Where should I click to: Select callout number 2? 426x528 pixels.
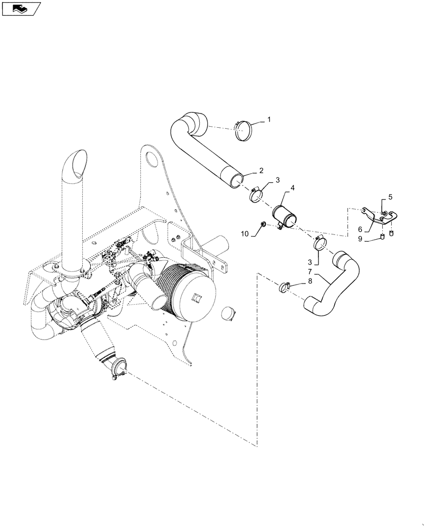[x=260, y=171]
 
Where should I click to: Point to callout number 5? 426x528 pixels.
[x=391, y=197]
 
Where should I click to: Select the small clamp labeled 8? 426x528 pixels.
[x=285, y=287]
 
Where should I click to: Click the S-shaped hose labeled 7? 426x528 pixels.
[x=332, y=283]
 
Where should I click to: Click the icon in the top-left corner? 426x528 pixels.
[x=21, y=9]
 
